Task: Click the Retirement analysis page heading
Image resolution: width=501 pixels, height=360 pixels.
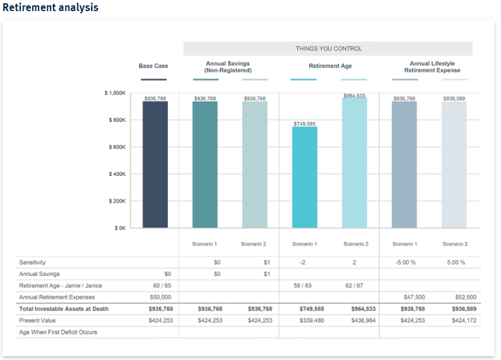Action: [50, 8]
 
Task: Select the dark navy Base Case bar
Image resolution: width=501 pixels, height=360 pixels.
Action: [155, 164]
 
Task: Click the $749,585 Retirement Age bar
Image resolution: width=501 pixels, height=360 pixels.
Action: [304, 177]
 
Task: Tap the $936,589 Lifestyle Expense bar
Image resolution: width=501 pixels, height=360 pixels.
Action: [454, 164]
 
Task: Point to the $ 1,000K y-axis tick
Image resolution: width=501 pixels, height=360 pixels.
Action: [115, 93]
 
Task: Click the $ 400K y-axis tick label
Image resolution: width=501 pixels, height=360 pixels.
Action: [117, 174]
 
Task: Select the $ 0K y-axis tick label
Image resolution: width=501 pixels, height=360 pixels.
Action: [119, 228]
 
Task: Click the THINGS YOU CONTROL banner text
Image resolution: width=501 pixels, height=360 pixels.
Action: [328, 49]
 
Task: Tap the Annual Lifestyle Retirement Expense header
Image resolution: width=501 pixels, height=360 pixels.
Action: [431, 67]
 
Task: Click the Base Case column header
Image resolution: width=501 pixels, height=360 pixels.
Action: [153, 66]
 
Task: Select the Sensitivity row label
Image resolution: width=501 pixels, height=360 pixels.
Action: [33, 262]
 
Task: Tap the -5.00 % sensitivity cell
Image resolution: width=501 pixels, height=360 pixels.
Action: [405, 262]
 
